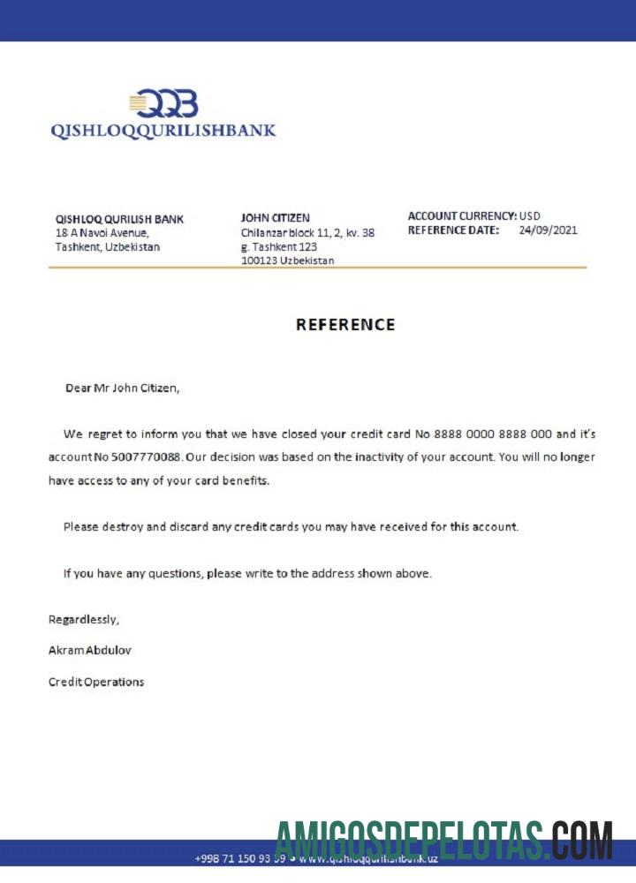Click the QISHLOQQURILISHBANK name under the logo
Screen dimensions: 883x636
point(163,131)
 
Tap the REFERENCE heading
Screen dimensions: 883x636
point(345,324)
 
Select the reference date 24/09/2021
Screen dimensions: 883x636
point(548,230)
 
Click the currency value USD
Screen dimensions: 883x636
point(530,215)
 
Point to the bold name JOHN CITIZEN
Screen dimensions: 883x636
point(276,217)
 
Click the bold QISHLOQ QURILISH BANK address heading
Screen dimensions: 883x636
point(119,219)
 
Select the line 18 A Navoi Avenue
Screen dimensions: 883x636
point(102,233)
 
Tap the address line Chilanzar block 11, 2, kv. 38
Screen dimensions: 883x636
point(307,233)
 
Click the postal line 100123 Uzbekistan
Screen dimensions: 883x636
point(287,260)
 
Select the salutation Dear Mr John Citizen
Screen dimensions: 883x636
point(122,388)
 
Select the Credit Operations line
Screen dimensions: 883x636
point(96,682)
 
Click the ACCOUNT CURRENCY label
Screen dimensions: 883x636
point(462,215)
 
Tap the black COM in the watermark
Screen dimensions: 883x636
point(584,841)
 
